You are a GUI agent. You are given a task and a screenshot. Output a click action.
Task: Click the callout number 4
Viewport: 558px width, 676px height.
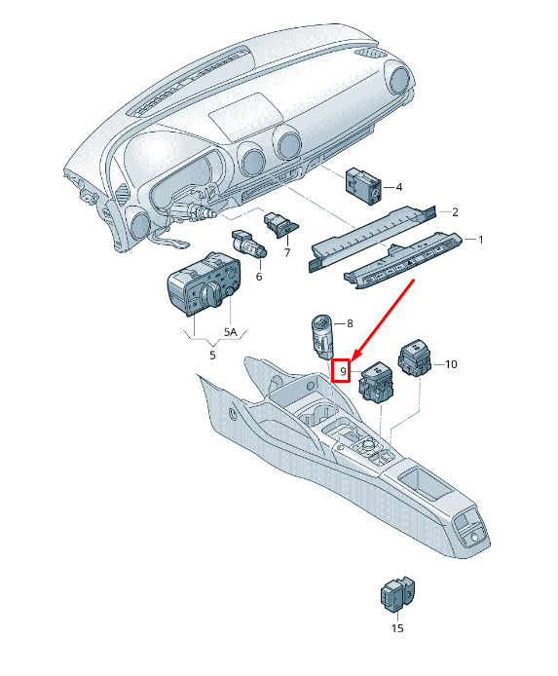click(x=399, y=187)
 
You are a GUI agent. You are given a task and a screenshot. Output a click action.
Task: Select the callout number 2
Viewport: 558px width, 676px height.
click(x=455, y=211)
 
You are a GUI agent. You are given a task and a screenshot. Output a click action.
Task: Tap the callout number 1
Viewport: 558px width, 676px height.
click(x=481, y=240)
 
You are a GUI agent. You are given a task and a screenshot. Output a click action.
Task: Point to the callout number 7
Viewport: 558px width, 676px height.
click(x=287, y=252)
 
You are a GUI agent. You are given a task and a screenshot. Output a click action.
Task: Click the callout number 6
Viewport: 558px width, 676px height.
click(x=259, y=277)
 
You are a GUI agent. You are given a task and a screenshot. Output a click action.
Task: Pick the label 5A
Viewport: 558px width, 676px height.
click(x=231, y=332)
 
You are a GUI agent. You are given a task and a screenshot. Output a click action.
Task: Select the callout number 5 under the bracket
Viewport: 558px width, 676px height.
click(x=212, y=356)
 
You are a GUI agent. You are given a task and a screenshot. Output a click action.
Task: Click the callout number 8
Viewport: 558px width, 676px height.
click(x=350, y=323)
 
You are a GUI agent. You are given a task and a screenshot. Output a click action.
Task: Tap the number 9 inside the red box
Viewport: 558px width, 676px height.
click(x=343, y=371)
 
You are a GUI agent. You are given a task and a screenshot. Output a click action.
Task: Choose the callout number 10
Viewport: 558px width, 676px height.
click(x=451, y=364)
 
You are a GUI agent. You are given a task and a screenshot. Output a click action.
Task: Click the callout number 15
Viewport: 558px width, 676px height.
click(x=397, y=628)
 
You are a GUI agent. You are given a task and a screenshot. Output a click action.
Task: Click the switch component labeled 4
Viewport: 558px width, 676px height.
click(x=364, y=186)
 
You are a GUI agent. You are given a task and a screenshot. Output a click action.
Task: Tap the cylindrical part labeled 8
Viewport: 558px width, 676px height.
click(x=322, y=337)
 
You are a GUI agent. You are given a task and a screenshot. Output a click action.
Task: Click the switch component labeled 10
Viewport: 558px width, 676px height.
click(x=415, y=357)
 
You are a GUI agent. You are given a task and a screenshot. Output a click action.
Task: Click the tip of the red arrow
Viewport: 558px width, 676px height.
click(x=352, y=361)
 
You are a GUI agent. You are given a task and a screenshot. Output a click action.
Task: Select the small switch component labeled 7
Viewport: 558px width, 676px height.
click(x=281, y=225)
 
